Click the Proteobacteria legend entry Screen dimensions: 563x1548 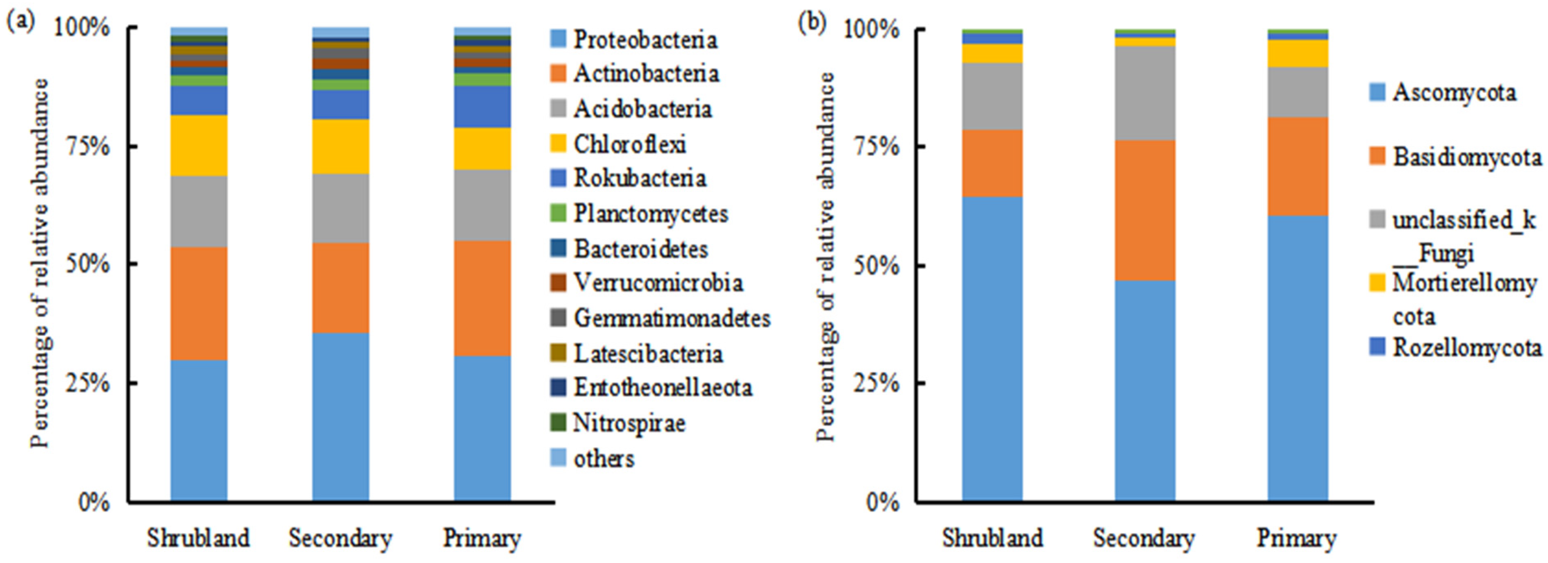point(644,40)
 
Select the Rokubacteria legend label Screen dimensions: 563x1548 point(640,178)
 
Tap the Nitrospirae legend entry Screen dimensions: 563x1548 point(629,423)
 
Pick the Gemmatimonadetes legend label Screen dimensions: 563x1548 point(671,318)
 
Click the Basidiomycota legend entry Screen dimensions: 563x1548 point(1466,158)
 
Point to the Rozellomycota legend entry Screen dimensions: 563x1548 point(1466,348)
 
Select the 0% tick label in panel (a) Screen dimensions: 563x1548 point(94,502)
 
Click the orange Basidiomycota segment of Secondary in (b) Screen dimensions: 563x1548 point(1145,210)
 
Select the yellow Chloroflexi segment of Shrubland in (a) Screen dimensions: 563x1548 point(199,145)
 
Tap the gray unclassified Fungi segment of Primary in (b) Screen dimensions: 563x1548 point(1298,92)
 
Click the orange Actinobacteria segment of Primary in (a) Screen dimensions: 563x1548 point(482,298)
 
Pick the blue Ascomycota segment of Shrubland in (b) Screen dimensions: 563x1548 point(992,349)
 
